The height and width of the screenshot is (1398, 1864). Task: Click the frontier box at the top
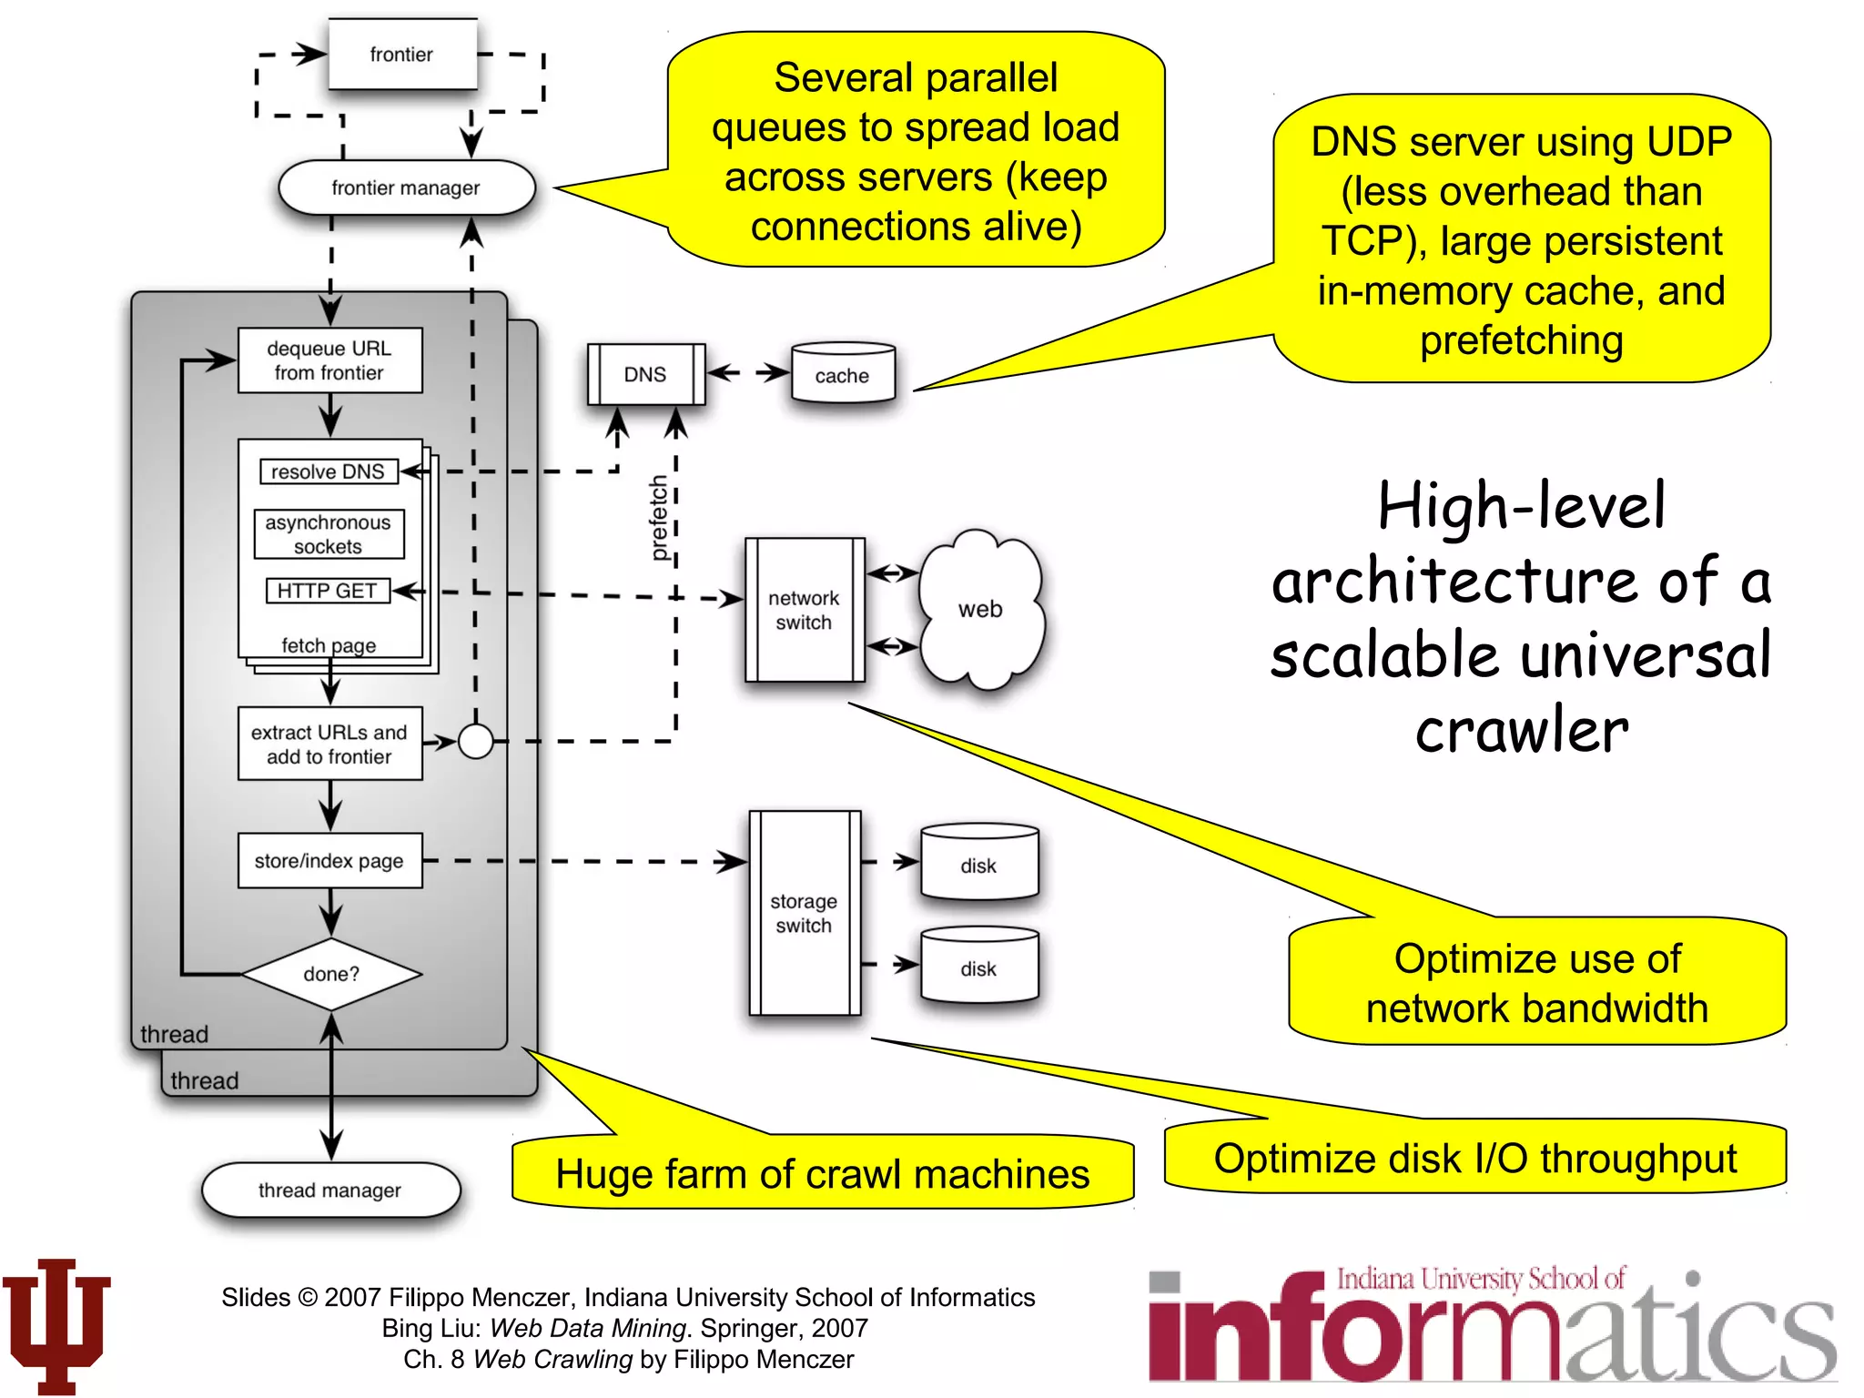click(x=401, y=55)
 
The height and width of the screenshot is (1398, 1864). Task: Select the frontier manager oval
click(x=406, y=187)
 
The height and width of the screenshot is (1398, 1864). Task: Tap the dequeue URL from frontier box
click(x=329, y=360)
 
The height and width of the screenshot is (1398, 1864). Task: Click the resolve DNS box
click(x=329, y=471)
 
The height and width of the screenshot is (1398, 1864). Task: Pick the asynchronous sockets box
click(x=329, y=534)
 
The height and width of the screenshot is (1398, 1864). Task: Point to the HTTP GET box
click(x=328, y=591)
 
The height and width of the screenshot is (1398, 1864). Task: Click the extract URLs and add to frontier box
click(x=329, y=744)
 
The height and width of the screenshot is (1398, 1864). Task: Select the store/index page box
click(x=329, y=860)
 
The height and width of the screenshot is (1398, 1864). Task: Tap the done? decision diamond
click(x=331, y=974)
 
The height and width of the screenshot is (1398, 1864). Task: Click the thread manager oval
click(x=330, y=1190)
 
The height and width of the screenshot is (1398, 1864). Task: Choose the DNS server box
click(x=645, y=374)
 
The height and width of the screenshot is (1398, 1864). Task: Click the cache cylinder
click(x=843, y=374)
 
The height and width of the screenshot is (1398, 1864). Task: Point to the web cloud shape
click(x=980, y=608)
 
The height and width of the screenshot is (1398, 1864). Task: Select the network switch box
click(x=804, y=610)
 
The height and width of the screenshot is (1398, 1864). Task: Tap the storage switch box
click(x=804, y=913)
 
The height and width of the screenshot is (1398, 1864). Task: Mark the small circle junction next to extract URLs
click(x=475, y=741)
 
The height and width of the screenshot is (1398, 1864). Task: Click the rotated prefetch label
click(x=659, y=518)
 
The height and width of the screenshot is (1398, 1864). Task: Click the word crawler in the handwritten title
click(x=1522, y=730)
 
